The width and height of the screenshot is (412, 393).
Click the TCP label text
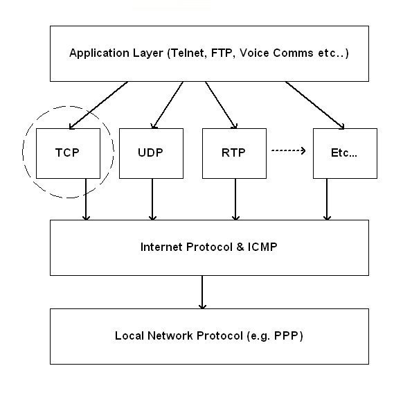(x=67, y=152)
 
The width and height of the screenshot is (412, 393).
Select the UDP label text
(x=150, y=152)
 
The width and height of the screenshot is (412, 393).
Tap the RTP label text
(x=233, y=152)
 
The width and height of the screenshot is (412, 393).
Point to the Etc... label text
(x=344, y=152)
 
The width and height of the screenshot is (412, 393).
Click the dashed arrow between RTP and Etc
(x=289, y=150)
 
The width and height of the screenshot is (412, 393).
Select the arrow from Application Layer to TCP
(x=98, y=105)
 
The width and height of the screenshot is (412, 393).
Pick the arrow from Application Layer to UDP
(x=168, y=105)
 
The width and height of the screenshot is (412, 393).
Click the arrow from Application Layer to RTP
(x=222, y=105)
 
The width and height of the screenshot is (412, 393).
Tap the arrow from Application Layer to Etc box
(x=315, y=105)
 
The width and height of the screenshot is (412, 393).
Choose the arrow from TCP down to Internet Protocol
(x=86, y=200)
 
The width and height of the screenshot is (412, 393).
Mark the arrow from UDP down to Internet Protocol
(x=152, y=200)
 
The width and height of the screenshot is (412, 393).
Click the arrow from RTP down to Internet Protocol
(x=235, y=200)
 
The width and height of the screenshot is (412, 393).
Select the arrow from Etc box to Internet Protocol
(x=327, y=200)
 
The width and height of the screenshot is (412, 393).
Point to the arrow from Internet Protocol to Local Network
(x=202, y=292)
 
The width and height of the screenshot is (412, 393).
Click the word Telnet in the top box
(x=188, y=53)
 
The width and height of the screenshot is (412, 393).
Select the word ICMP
(x=262, y=247)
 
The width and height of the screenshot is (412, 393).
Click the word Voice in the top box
(x=254, y=53)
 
